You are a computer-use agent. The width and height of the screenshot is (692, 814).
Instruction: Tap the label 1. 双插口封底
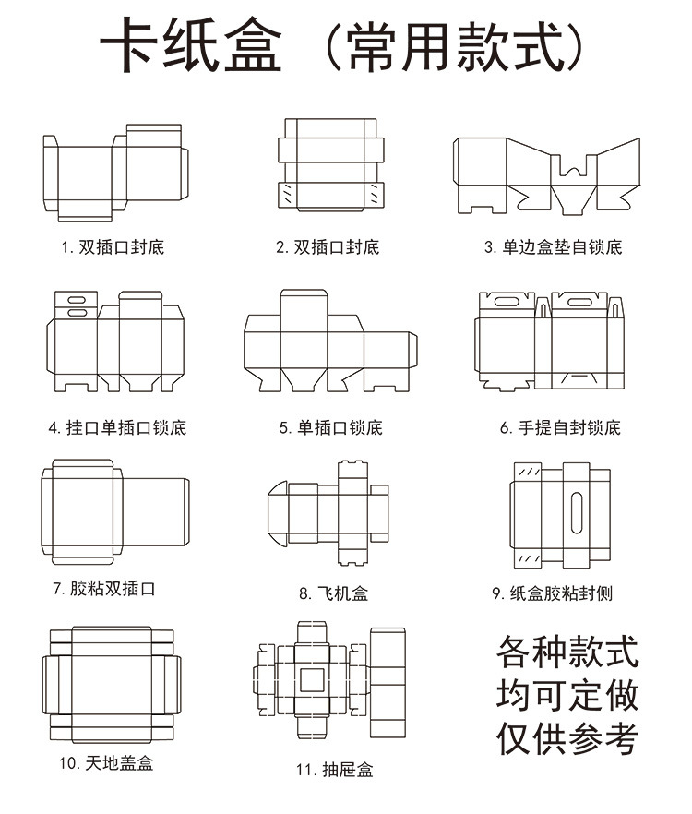coord(113,247)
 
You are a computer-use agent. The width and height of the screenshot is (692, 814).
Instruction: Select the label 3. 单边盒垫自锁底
coord(553,247)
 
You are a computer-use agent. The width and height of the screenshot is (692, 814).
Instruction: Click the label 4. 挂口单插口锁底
coord(117,428)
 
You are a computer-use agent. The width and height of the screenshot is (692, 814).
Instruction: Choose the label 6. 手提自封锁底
coord(560,428)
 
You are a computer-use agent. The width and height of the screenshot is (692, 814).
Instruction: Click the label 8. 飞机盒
coord(333,594)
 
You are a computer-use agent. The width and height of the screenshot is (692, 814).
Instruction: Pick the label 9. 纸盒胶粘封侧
coord(552,594)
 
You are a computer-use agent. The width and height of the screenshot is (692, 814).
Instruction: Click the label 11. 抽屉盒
coord(334,770)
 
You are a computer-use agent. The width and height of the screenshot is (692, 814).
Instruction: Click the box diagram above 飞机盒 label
coord(328,512)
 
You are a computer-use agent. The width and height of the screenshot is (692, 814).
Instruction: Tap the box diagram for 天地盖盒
coord(109,683)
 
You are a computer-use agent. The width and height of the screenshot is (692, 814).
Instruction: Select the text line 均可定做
coord(567,695)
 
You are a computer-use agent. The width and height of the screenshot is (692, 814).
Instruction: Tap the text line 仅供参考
coord(567,738)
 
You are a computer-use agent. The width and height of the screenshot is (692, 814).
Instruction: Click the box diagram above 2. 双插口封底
coord(329,166)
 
